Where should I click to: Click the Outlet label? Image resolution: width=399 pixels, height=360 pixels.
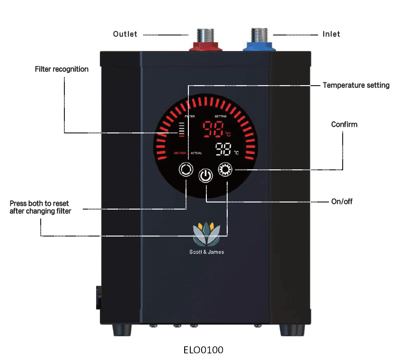[125, 34]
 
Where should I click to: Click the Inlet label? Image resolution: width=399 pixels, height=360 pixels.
[331, 34]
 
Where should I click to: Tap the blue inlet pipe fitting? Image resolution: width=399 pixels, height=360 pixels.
[260, 46]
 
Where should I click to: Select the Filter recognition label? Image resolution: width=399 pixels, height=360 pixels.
[62, 69]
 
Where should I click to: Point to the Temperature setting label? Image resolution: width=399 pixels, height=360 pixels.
[356, 86]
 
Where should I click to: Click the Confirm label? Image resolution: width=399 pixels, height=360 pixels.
[344, 124]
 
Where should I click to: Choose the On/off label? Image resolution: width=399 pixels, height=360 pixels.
[341, 202]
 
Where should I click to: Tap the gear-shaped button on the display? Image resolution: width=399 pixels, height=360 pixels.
[225, 169]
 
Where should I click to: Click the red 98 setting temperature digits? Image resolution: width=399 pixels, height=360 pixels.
[213, 129]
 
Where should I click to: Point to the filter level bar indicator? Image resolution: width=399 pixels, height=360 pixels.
[182, 129]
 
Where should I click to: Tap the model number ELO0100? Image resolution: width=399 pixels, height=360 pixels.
[203, 350]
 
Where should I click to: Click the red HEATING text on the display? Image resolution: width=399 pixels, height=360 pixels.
[180, 153]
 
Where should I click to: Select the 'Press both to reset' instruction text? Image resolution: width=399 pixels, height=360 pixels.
[40, 207]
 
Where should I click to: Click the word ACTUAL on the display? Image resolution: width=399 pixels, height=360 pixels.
[196, 153]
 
